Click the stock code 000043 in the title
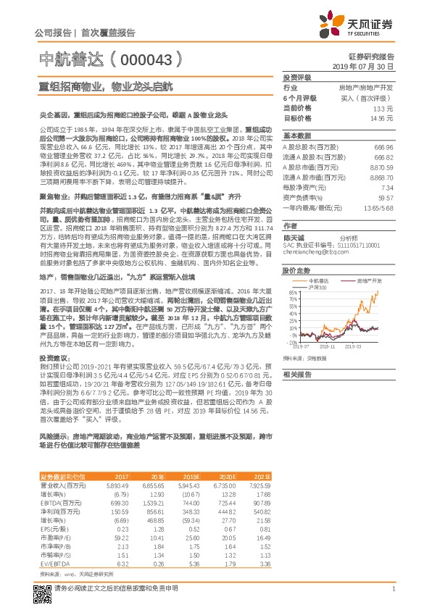(x=142, y=59)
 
